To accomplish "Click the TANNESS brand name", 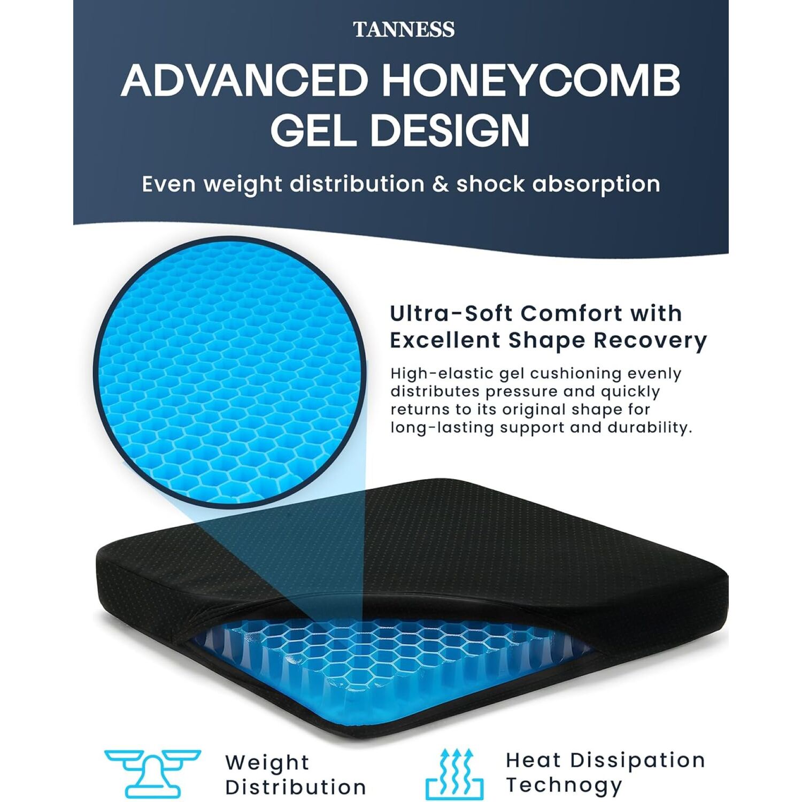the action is pos(404,29).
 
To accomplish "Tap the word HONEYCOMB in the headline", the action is pos(530,80).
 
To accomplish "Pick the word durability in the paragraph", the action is pos(650,428).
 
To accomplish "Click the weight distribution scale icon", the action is pos(152,773).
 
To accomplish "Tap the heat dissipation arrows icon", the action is pos(454,774).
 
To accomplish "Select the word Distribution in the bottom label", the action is pos(296,788).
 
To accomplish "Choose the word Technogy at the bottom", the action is pos(564,786).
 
